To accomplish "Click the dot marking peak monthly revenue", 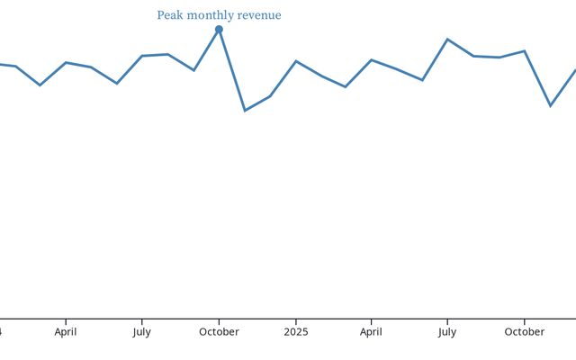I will click(x=219, y=30).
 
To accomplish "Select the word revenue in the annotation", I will click(x=259, y=15).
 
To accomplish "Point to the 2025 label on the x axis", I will click(x=295, y=332).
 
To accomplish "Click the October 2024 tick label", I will click(x=219, y=332).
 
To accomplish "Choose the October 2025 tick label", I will click(x=524, y=332).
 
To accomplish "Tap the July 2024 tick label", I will click(x=141, y=332).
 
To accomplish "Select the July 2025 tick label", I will click(x=447, y=332).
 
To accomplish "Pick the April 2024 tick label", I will click(x=66, y=332).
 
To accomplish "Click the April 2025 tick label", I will click(x=371, y=332).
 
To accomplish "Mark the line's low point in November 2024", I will click(x=245, y=111).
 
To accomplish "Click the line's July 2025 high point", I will click(x=447, y=40).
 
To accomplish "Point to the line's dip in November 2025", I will click(x=551, y=106).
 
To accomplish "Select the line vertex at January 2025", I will click(x=296, y=61).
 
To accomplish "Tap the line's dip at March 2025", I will click(x=346, y=87).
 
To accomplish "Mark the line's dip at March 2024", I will click(x=40, y=85).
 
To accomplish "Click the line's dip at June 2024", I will click(x=117, y=84).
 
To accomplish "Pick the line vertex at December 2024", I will click(x=270, y=95).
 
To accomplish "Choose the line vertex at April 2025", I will click(x=372, y=60).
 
